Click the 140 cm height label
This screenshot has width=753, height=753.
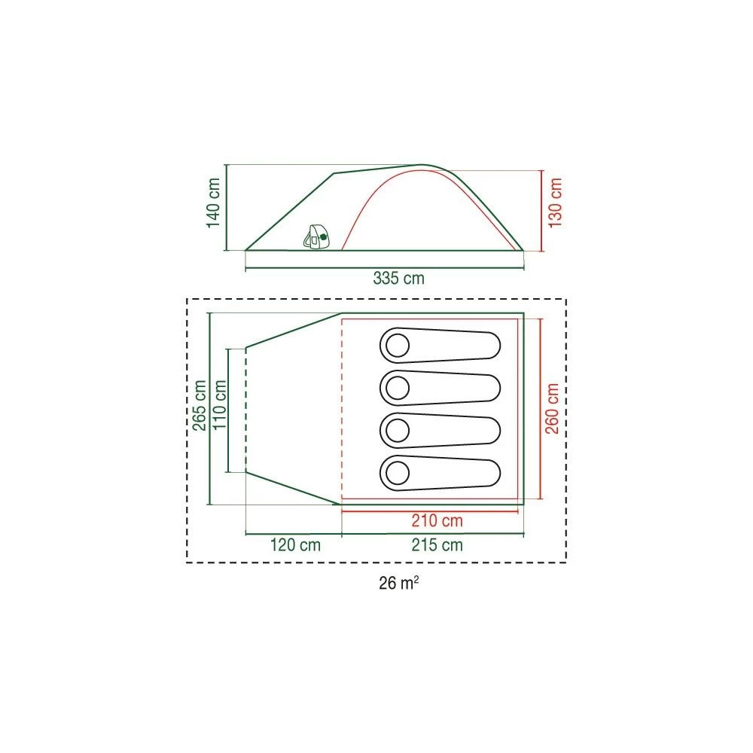pos(213,203)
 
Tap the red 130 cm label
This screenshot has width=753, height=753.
pos(555,203)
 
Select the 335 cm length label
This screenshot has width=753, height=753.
pos(398,278)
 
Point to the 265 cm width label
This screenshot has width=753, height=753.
pos(200,405)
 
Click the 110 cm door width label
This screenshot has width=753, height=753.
pos(219,405)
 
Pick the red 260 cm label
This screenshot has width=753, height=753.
pos(552,408)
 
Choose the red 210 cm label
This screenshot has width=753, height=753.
pos(437,520)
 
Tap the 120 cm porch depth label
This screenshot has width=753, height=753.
pos(295,545)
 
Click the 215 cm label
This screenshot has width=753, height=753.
pos(437,545)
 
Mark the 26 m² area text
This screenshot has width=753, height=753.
pos(398,583)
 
